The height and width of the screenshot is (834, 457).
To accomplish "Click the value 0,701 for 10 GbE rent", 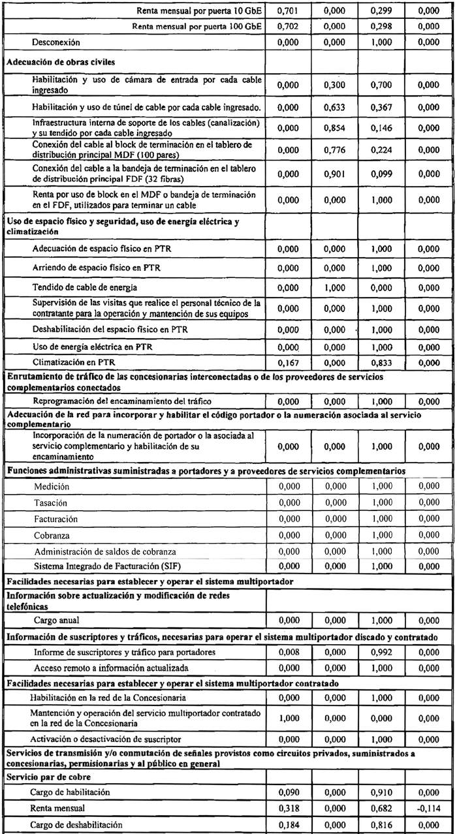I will (x=287, y=12).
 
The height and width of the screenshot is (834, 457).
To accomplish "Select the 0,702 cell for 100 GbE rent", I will (x=287, y=27).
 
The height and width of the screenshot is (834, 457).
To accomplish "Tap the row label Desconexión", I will (x=56, y=42).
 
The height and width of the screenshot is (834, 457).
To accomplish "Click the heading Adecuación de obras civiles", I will (x=52, y=63).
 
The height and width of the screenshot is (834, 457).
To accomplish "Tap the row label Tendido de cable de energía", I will (x=75, y=288).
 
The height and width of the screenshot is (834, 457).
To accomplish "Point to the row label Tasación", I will (x=51, y=502).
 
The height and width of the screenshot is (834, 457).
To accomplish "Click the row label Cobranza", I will (x=52, y=535).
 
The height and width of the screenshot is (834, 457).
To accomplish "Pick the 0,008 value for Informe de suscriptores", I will (x=287, y=652).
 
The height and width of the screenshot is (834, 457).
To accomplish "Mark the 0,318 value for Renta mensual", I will (x=287, y=809).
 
